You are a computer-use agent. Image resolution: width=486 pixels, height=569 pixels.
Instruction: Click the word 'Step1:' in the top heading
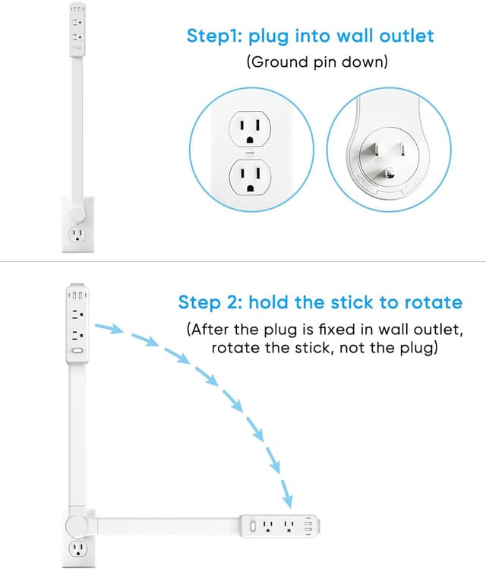214,36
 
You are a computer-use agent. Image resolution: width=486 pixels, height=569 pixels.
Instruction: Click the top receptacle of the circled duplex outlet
250,129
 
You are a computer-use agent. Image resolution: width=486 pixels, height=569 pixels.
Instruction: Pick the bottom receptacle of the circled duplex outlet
250,178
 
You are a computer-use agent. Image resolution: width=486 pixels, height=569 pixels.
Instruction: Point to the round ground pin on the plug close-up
390,174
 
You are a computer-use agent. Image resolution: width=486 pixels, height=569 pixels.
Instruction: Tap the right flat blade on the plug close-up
402,149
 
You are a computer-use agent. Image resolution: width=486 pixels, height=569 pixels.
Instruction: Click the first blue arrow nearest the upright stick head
109,328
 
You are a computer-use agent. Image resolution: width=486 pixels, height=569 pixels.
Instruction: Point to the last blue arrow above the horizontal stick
287,494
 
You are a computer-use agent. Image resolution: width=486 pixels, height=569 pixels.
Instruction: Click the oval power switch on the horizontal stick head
253,526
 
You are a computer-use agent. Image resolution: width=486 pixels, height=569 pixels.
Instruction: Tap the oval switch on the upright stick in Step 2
77,351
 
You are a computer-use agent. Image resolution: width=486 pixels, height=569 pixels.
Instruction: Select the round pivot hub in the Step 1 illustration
77,214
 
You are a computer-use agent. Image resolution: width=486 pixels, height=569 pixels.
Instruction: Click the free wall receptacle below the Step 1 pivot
77,235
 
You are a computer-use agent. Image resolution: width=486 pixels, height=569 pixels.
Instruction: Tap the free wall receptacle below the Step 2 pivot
77,549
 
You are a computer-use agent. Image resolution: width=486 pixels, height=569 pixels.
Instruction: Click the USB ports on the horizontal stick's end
308,526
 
